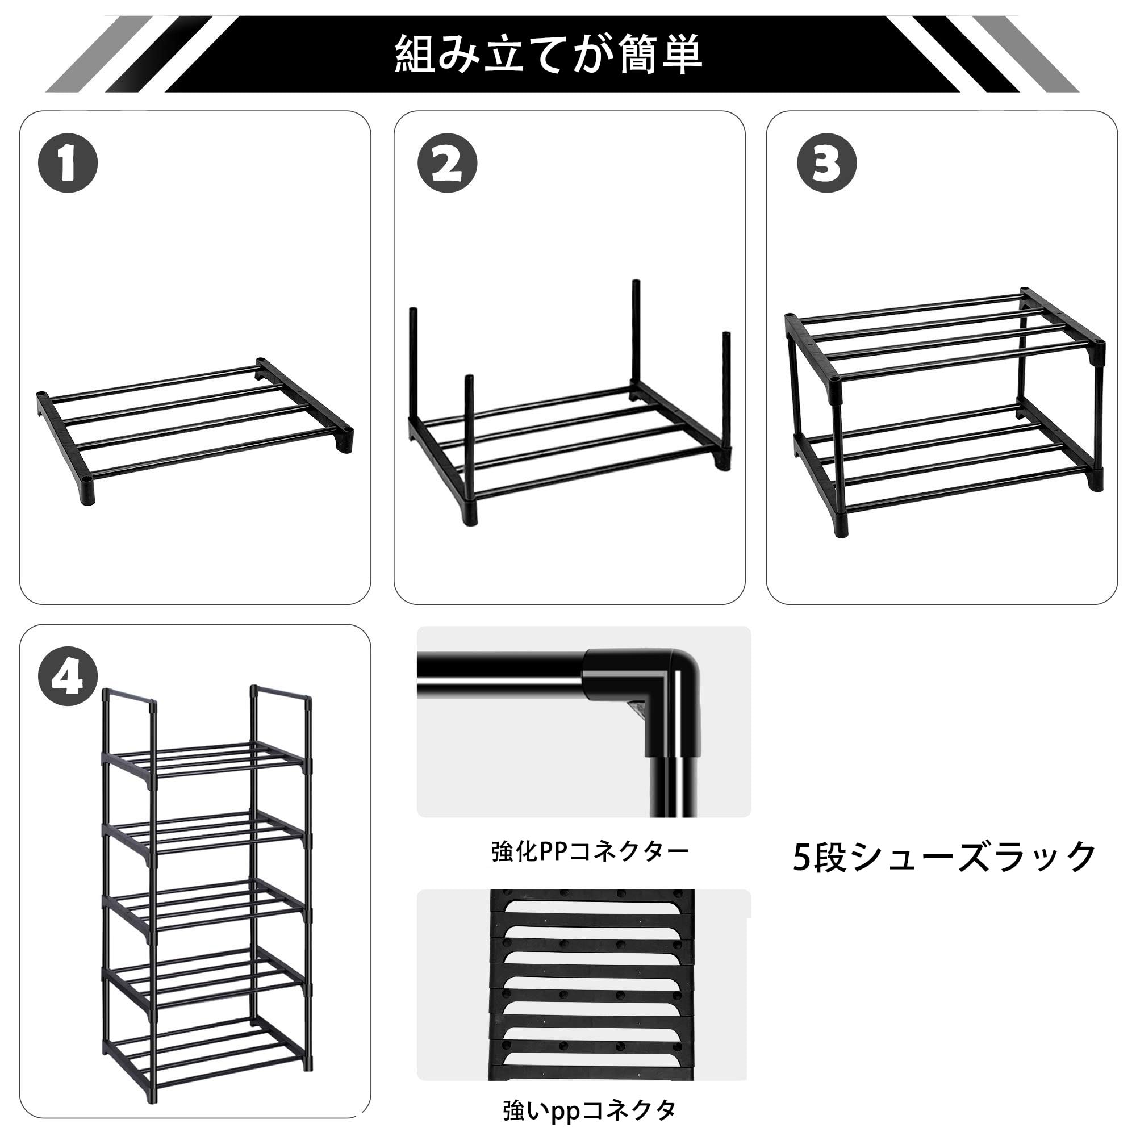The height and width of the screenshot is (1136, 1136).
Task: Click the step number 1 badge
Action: pyautogui.click(x=68, y=164)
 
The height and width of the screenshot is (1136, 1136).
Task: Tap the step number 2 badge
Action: pyautogui.click(x=447, y=164)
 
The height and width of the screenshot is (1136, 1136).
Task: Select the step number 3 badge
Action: pyautogui.click(x=826, y=164)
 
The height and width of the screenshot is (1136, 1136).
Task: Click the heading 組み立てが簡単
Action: pyautogui.click(x=548, y=55)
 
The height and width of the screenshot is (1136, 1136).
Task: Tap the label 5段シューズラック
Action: pyautogui.click(x=943, y=857)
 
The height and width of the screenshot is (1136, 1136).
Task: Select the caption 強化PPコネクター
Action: pyautogui.click(x=589, y=851)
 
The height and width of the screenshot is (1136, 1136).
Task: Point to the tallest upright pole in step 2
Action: pyautogui.click(x=636, y=335)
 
